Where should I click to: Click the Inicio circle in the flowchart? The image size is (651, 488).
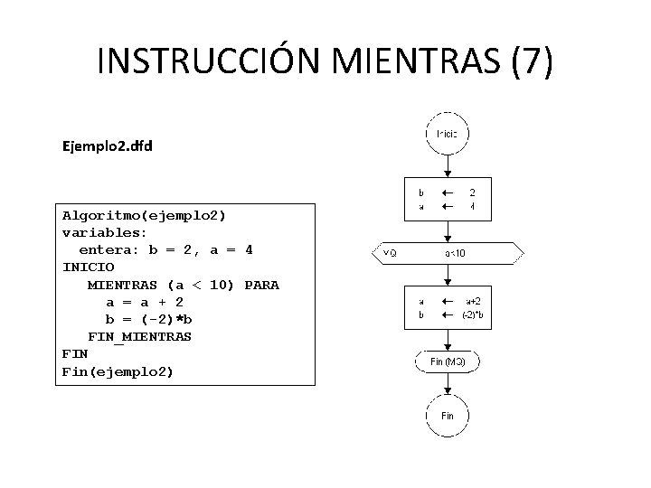pos(447,134)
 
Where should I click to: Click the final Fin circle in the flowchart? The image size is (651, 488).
pos(447,416)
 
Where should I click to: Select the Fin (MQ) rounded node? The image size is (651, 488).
pos(447,361)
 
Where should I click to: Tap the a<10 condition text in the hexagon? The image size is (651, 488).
pos(455,253)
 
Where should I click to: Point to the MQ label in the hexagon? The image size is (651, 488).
pos(390,253)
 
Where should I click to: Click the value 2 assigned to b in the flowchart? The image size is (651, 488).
pos(472,192)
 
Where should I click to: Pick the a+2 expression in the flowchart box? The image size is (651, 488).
pos(472,302)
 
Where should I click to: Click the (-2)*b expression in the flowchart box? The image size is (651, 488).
pos(472,314)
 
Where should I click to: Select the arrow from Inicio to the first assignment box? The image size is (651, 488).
pos(447,166)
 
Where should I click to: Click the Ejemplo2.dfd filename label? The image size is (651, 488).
pos(108,145)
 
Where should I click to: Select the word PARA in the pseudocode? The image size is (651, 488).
pos(261,285)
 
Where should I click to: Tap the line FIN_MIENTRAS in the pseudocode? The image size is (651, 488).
pos(139,336)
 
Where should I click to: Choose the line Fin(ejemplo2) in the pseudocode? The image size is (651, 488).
pos(118,371)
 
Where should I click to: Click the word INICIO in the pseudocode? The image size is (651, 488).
pos(88,267)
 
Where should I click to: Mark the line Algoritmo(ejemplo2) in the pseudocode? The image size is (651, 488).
pos(144,215)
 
